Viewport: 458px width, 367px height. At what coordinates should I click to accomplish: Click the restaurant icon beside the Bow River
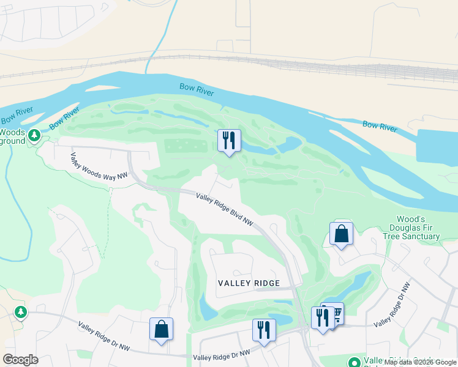tap(229, 140)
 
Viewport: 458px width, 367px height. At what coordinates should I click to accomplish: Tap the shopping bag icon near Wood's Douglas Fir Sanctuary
tap(341, 233)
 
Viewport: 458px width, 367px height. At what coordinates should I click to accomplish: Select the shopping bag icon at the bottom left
tap(161, 329)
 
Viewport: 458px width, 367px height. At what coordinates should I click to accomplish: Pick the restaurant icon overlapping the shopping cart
tap(322, 317)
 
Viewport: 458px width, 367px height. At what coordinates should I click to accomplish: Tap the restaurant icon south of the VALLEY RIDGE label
tap(264, 330)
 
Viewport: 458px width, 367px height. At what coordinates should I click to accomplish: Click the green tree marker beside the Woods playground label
tap(35, 135)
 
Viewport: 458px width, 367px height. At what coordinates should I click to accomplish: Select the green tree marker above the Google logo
tap(21, 313)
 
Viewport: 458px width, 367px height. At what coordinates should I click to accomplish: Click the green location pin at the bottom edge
tap(353, 362)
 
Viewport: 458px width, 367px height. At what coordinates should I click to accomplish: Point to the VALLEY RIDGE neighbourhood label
tap(249, 283)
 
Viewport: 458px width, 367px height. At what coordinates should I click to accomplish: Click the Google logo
tap(20, 360)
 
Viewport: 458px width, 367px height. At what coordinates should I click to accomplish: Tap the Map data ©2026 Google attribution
tap(420, 362)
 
